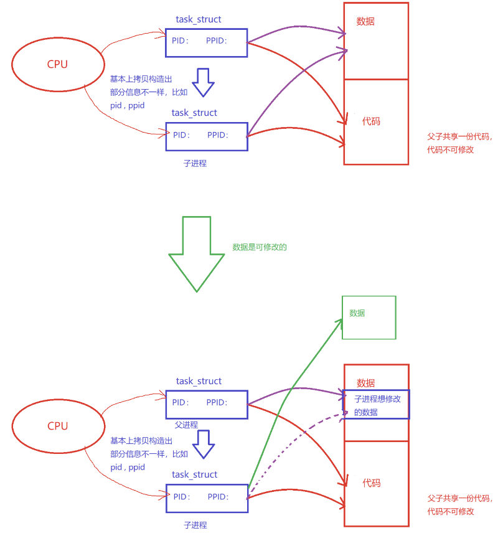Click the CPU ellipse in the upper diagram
click(x=57, y=64)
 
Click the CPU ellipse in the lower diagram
click(x=57, y=426)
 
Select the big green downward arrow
click(x=197, y=253)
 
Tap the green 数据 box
click(x=369, y=318)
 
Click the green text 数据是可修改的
click(x=260, y=247)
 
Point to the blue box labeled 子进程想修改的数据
click(x=377, y=405)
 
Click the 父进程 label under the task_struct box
click(x=186, y=425)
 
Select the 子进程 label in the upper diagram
click(x=195, y=163)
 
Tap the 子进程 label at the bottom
click(x=195, y=525)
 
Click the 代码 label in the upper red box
click(x=371, y=121)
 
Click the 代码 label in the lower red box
click(x=372, y=483)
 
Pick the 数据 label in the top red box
click(x=365, y=21)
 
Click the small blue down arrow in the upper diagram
click(x=203, y=82)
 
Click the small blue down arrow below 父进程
click(x=203, y=443)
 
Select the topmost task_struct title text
click(x=198, y=19)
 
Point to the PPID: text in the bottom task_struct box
click(x=218, y=497)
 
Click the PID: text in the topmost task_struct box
click(x=181, y=41)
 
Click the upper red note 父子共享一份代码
click(x=459, y=136)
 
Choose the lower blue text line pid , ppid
click(x=128, y=467)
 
